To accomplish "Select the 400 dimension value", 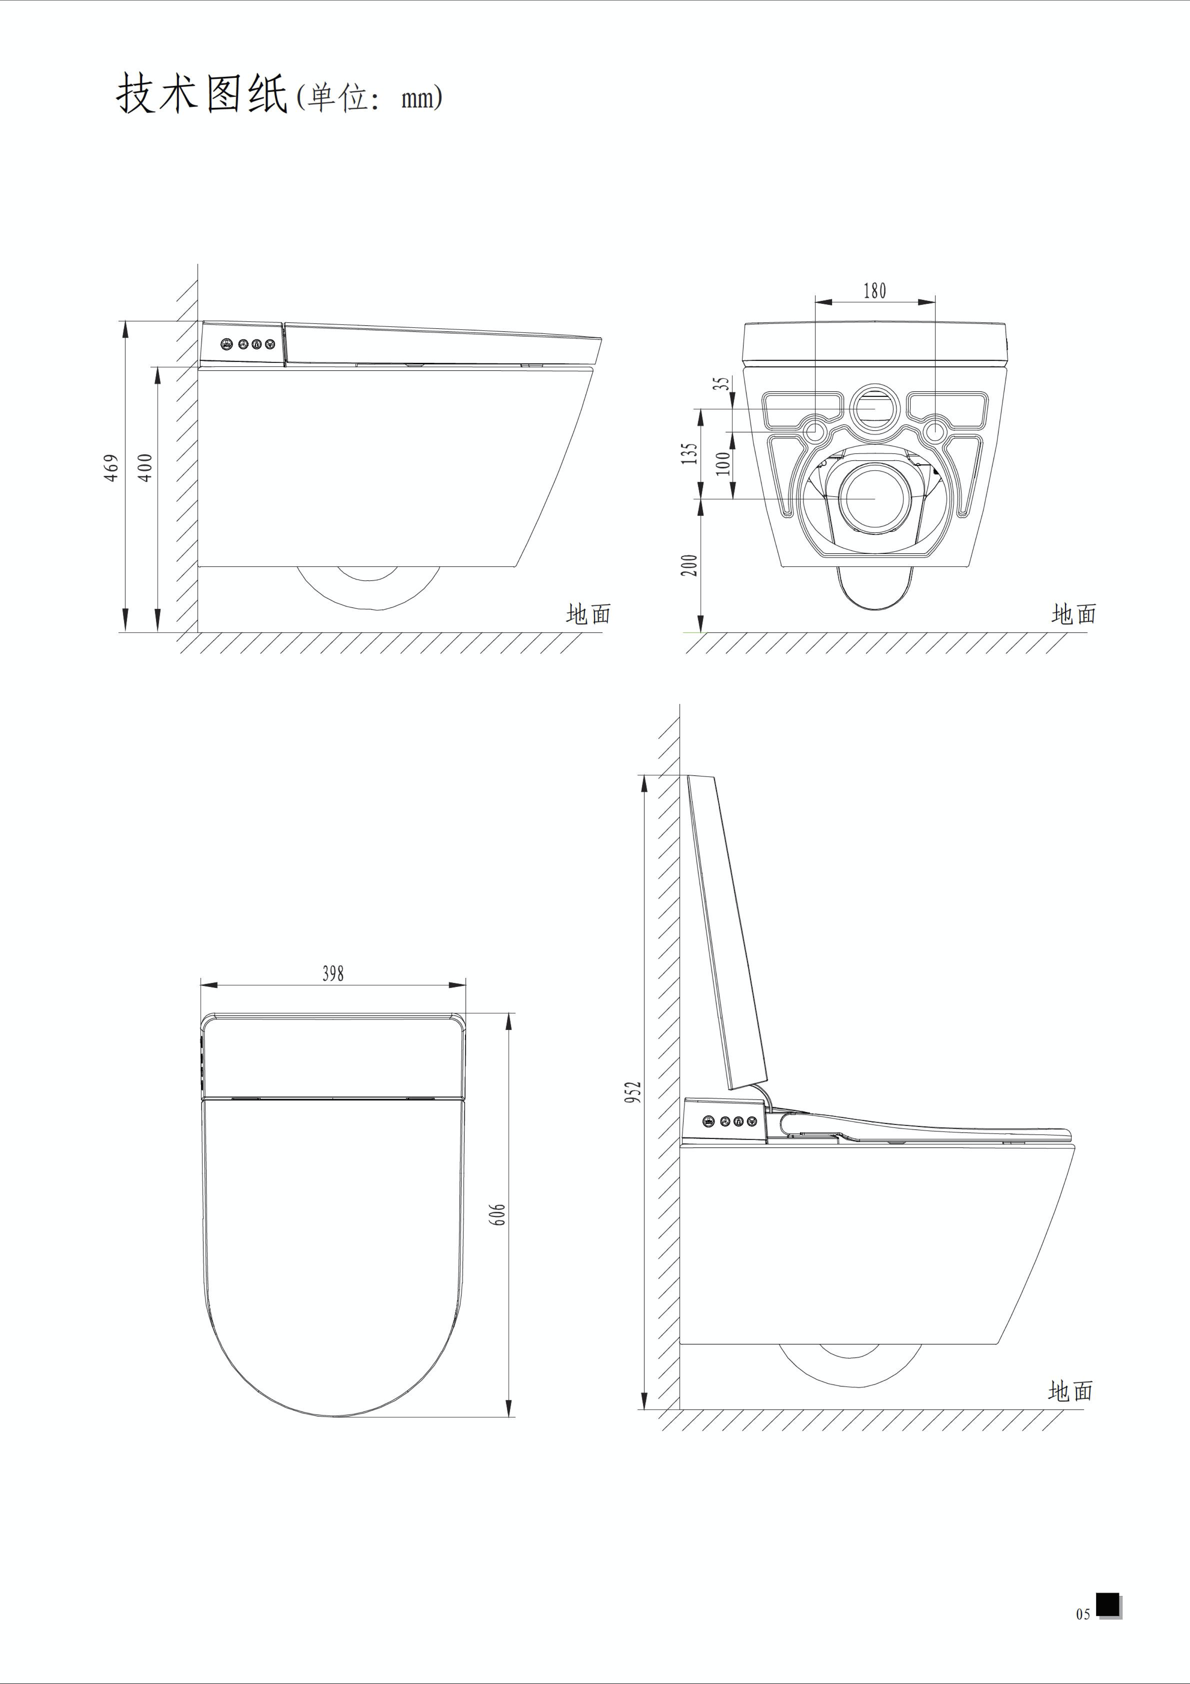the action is (x=146, y=467).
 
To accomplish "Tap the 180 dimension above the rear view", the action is (x=875, y=291).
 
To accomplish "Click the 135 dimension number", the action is (x=689, y=453).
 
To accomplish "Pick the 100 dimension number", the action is (x=724, y=463).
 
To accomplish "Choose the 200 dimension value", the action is (x=689, y=565).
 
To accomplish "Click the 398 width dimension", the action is (x=333, y=973).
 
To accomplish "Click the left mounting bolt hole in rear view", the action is (x=815, y=431).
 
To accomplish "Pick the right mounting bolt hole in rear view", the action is (x=936, y=431).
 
